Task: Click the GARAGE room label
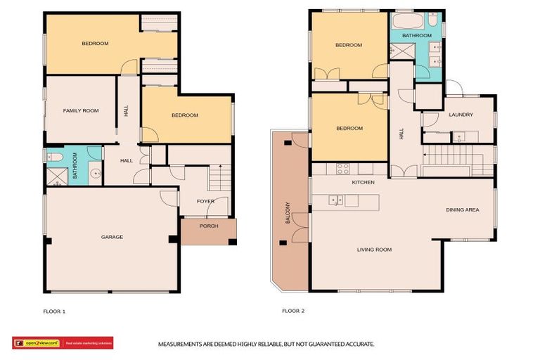click(x=111, y=237)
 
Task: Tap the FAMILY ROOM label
click(x=81, y=110)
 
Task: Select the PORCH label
click(x=208, y=226)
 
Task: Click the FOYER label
click(x=205, y=201)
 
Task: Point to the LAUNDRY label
click(x=461, y=115)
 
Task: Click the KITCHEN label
click(x=364, y=182)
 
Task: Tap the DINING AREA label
click(x=463, y=210)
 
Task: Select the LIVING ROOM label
click(x=374, y=250)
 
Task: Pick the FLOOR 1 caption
click(x=54, y=311)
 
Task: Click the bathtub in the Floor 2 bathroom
click(x=405, y=20)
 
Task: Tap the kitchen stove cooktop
click(x=343, y=168)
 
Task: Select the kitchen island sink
click(x=335, y=200)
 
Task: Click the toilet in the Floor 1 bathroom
click(x=56, y=157)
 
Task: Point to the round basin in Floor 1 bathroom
click(x=94, y=171)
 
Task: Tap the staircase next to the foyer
click(x=220, y=177)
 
